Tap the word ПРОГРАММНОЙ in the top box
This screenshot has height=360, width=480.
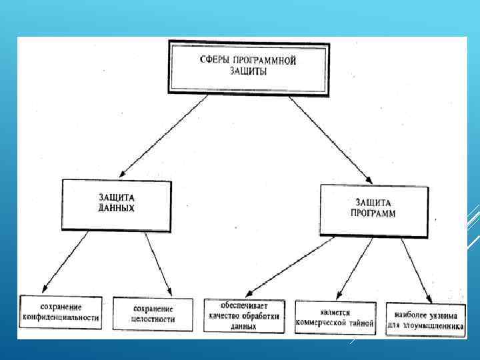coord(264,61)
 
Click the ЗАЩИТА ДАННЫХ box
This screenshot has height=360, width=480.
coord(116,204)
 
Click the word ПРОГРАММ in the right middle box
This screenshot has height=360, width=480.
coord(373,214)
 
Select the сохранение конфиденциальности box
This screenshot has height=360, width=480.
coord(61,313)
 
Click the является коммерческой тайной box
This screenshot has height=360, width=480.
coord(335,317)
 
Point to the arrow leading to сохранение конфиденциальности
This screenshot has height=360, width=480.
coord(61,263)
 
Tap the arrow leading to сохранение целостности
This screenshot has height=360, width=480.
coord(159,263)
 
